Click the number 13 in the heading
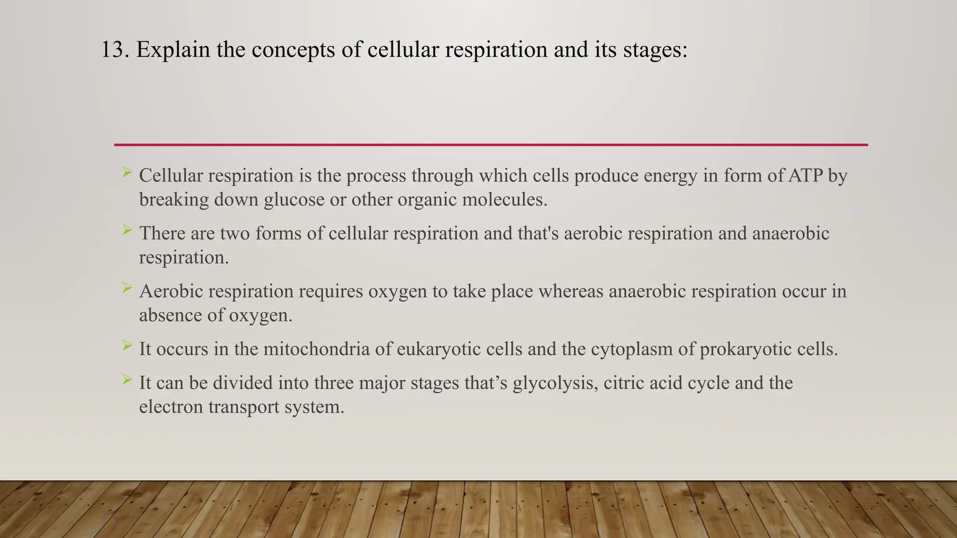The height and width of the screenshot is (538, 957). pyautogui.click(x=114, y=50)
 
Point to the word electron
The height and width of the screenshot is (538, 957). pyautogui.click(x=171, y=407)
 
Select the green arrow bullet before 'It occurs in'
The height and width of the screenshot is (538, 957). pyautogui.click(x=127, y=346)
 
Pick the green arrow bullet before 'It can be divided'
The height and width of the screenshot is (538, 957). pyautogui.click(x=127, y=380)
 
